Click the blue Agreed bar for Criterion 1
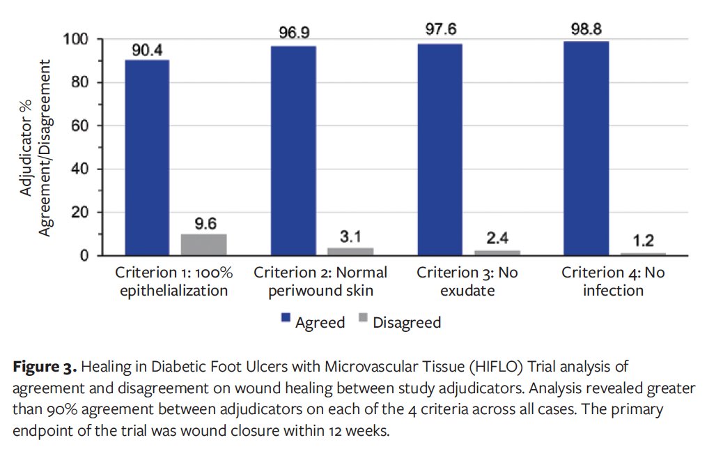[147, 158]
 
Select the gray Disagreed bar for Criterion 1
[204, 245]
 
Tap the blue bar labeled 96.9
[293, 151]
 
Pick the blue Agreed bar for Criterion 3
[440, 150]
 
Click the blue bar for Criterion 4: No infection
[586, 149]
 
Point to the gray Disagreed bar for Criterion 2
[350, 252]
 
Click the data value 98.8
[586, 29]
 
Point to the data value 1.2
[643, 241]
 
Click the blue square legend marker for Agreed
[286, 319]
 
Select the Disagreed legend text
[407, 322]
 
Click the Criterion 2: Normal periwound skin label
[320, 281]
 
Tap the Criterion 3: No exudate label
[467, 281]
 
